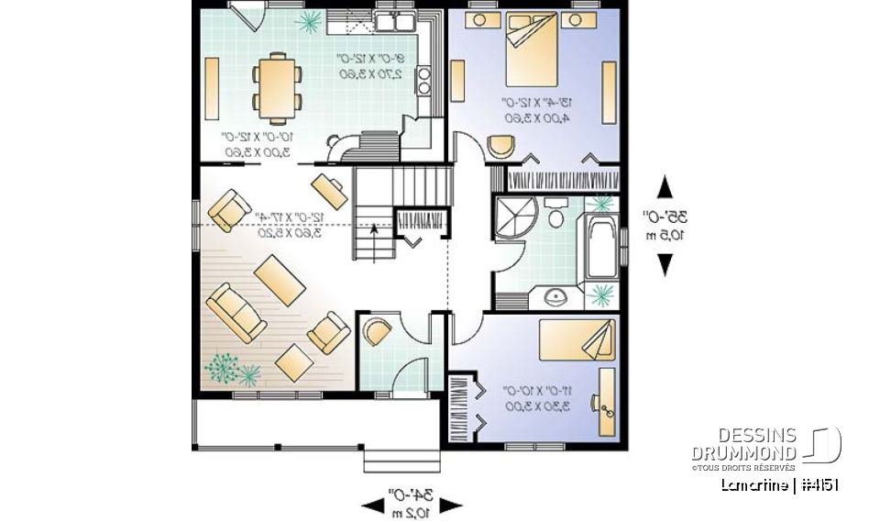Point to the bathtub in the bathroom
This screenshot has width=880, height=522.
coord(601,248)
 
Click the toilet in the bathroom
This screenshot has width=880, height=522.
coord(555,216)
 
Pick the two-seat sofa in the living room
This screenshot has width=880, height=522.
coord(236,310)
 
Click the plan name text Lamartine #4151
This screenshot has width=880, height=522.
coord(779,485)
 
